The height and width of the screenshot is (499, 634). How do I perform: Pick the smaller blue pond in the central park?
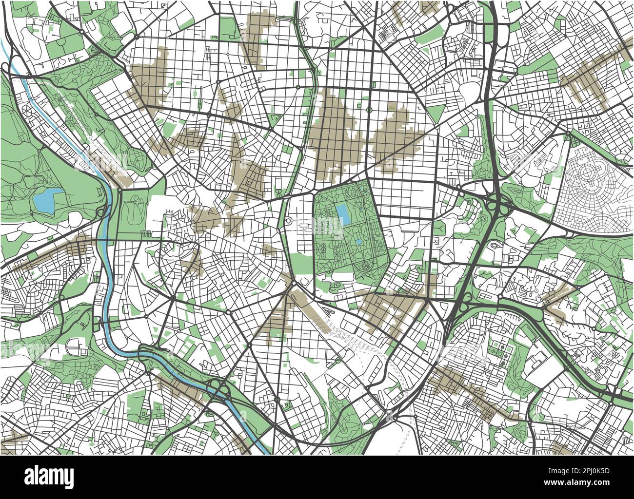359,242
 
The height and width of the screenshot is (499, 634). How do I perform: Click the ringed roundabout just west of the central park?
288,221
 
